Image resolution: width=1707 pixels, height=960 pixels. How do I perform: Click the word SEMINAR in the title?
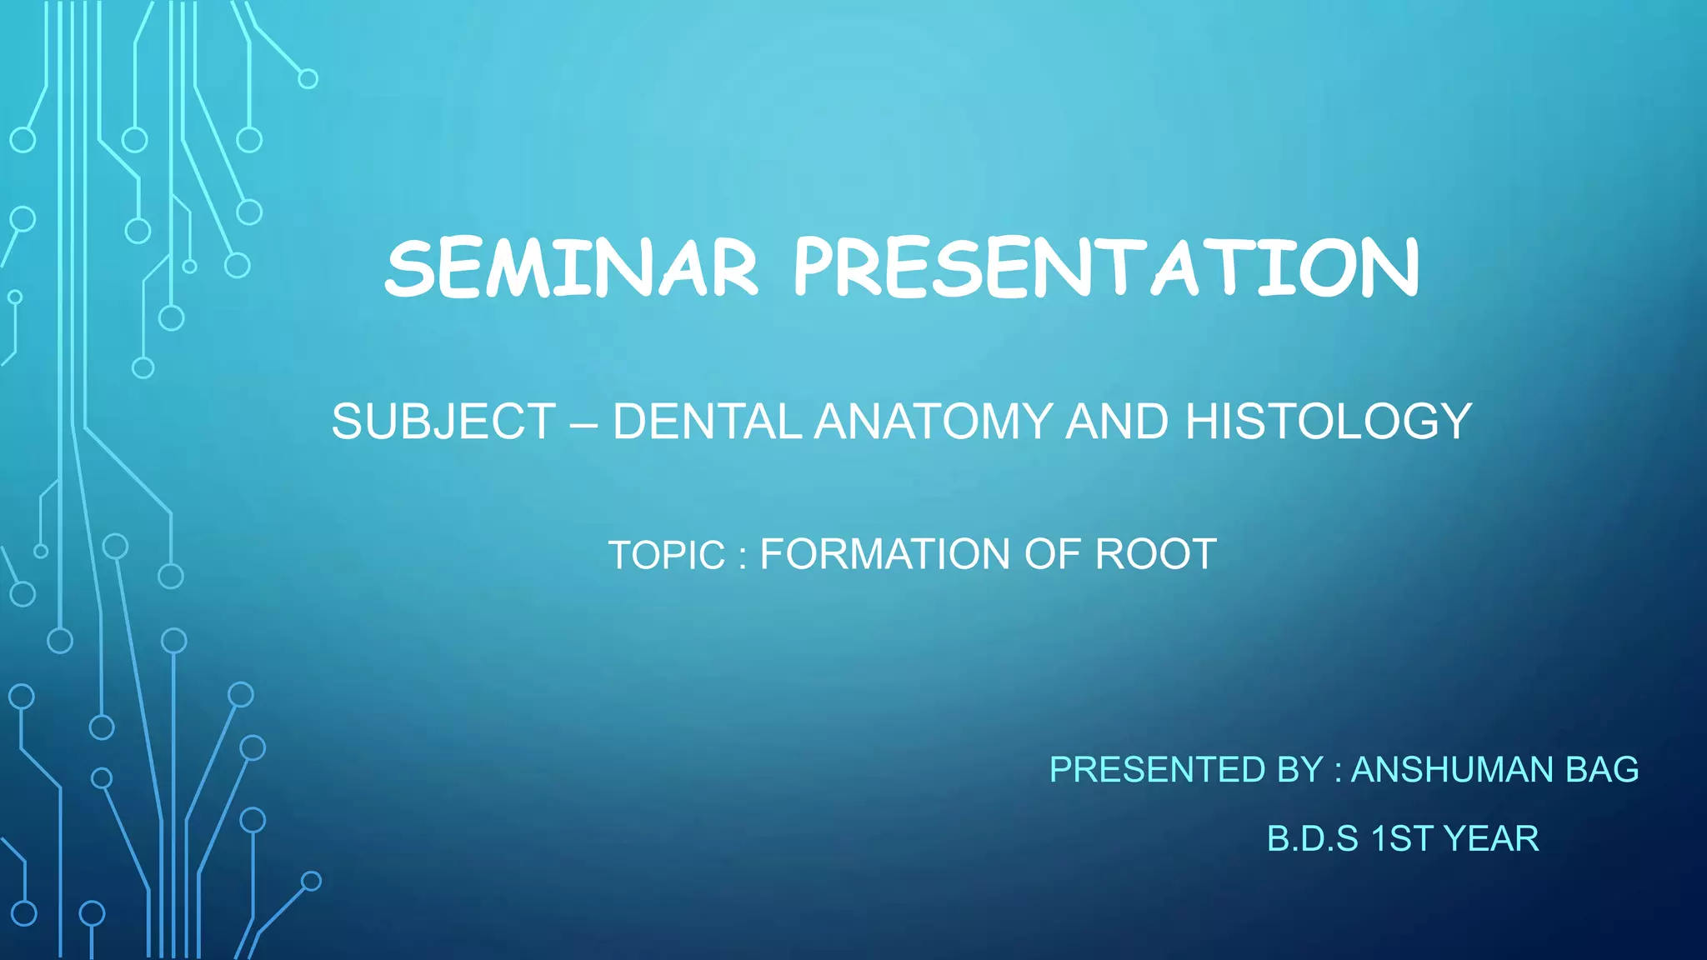coord(572,268)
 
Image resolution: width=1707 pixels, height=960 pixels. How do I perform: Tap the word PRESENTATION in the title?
coord(1105,268)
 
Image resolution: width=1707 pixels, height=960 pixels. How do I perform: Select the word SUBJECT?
coord(443,422)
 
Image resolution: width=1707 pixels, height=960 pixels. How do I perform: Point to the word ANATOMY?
coord(934,422)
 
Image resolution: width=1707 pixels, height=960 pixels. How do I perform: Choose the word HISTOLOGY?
coord(1328,422)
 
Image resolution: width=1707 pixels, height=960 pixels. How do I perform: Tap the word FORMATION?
coord(885,555)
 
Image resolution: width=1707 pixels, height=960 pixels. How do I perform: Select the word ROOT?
coord(1155,555)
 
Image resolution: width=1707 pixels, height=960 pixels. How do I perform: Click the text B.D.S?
coord(1312,839)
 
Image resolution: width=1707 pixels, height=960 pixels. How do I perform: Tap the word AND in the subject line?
coord(1117,422)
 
